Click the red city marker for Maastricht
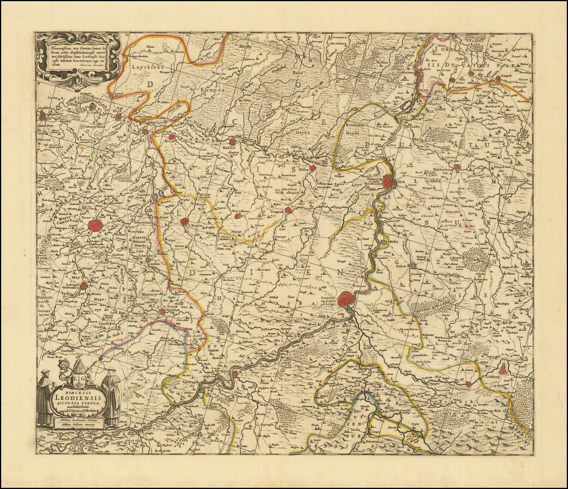pos(389,182)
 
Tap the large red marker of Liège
pos(346,300)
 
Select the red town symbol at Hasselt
pos(233,142)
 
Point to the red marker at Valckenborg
pos(457,167)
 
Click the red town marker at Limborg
pos(503,369)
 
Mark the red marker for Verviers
pos(469,384)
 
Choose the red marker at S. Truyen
pos(185,221)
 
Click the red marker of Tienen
pos(95,225)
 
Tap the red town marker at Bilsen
pos(313,168)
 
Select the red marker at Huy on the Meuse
pos(235,374)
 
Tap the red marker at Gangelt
pos(498,79)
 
